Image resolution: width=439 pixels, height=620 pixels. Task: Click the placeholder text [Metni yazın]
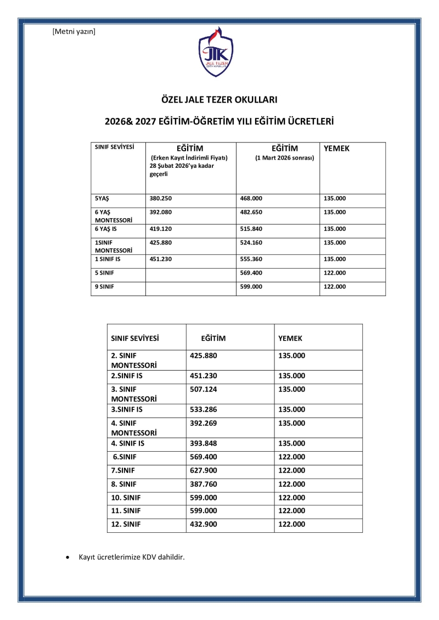coord(74,31)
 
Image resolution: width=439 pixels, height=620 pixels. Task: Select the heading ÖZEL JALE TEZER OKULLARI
coord(219,100)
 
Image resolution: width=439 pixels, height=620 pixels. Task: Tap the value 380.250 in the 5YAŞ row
coord(161,198)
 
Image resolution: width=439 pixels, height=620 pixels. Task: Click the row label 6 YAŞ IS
coord(106,229)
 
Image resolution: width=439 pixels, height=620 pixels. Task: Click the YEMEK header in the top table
coord(336,149)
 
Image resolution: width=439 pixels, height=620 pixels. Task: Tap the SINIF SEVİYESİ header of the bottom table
coord(135,339)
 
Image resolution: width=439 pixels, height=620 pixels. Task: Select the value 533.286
coord(204,409)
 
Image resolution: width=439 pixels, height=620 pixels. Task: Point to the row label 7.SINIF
coord(123,470)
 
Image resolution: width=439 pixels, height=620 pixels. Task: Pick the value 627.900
coord(204,470)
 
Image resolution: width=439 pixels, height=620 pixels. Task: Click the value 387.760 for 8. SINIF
coord(204,484)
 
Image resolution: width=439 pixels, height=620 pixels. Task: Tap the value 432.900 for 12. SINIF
coord(204,525)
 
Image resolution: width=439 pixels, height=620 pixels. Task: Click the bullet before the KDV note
coord(67,558)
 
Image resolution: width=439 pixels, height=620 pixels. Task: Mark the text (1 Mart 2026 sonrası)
coord(284,158)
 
